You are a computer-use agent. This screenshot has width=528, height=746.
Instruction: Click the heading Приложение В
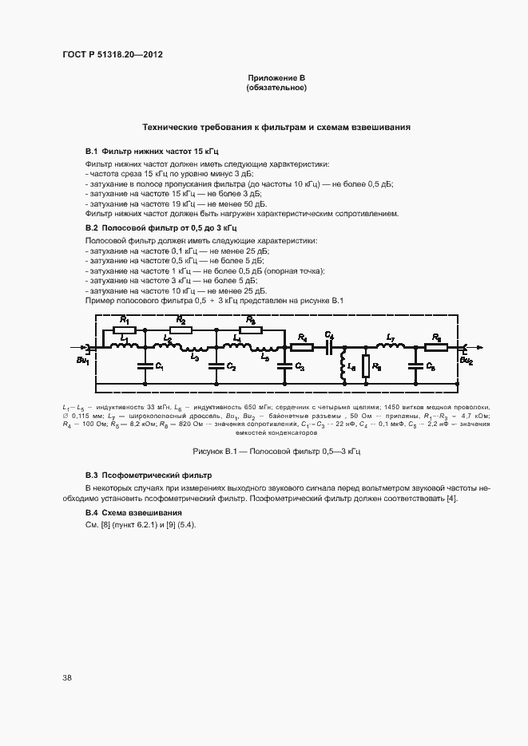point(276,77)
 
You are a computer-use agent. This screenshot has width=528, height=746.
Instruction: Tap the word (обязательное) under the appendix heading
point(276,88)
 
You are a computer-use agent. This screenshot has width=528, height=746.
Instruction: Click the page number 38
point(67,677)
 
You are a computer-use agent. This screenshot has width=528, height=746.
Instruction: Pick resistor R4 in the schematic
point(302,347)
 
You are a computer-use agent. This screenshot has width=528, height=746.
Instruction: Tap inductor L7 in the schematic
point(390,347)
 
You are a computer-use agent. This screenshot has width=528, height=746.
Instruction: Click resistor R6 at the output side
point(437,347)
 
